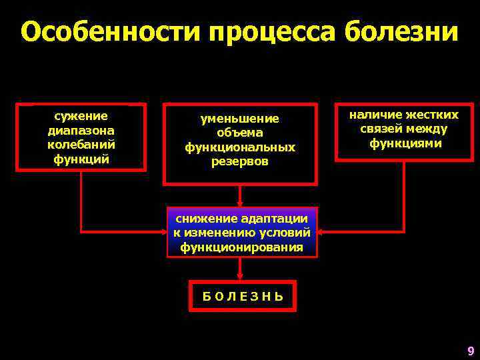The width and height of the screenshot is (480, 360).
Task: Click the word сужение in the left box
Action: click(x=81, y=116)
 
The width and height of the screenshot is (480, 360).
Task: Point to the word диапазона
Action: click(x=81, y=130)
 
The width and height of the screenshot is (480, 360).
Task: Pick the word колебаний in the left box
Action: click(x=81, y=144)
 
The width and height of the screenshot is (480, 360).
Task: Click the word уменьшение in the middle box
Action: click(x=240, y=118)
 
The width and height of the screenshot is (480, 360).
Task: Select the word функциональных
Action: click(x=240, y=147)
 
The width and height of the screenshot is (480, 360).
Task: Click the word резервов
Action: click(x=240, y=161)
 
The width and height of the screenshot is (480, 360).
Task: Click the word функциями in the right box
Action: click(x=404, y=143)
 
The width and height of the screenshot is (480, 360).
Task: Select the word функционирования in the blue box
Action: click(x=241, y=247)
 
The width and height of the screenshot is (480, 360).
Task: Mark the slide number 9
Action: click(x=471, y=351)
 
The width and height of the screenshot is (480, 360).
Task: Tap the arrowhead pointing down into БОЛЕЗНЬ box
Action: click(x=240, y=275)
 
